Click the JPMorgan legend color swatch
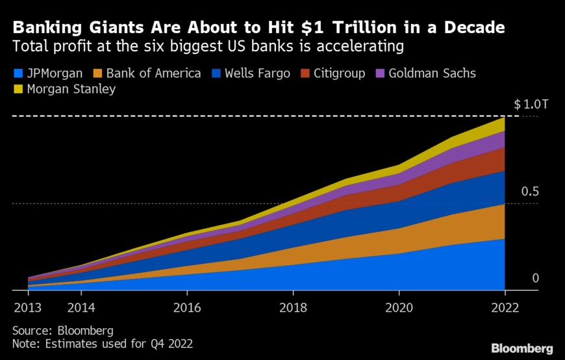coord(18,73)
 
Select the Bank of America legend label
coord(153,73)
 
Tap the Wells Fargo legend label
coord(257,73)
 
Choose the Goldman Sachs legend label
coord(433,73)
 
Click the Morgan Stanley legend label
coord(71,89)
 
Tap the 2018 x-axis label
coord(293,307)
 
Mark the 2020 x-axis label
coord(399,307)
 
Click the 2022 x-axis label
coord(505,307)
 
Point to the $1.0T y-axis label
coord(527,105)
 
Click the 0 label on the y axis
coord(536,279)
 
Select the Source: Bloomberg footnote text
coord(63,330)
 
